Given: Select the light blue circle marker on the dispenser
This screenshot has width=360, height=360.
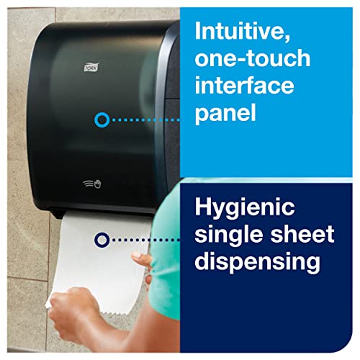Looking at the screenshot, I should pos(102,120).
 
